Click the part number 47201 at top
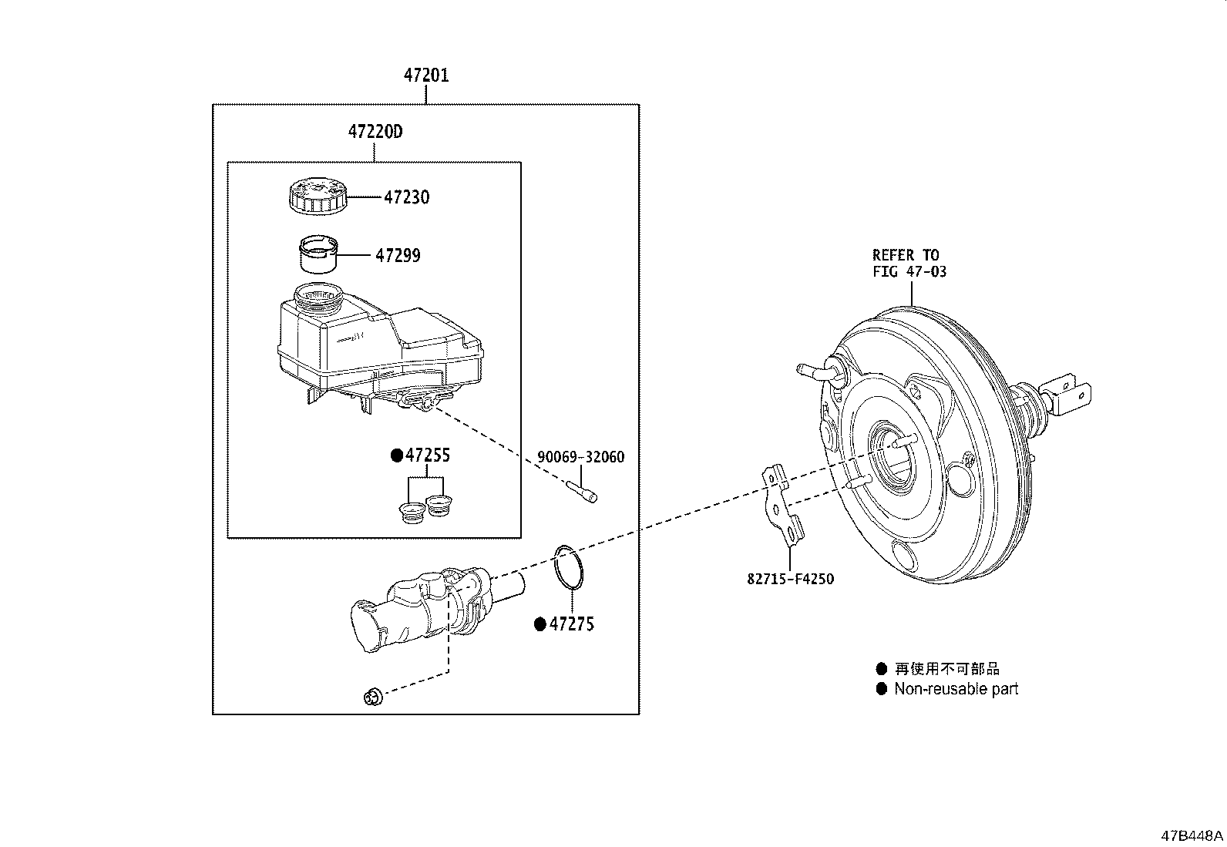[x=426, y=76]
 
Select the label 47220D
[x=375, y=132]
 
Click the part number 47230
[x=407, y=197]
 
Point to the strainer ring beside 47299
[x=318, y=254]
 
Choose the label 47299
[x=398, y=255]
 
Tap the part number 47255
[x=428, y=455]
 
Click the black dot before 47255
[x=397, y=455]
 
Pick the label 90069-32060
[x=580, y=457]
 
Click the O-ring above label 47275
[x=569, y=568]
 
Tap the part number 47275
[x=572, y=624]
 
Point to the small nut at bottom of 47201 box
[x=372, y=697]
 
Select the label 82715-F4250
[x=790, y=579]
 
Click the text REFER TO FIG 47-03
[x=909, y=263]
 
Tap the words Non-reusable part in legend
[x=956, y=689]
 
